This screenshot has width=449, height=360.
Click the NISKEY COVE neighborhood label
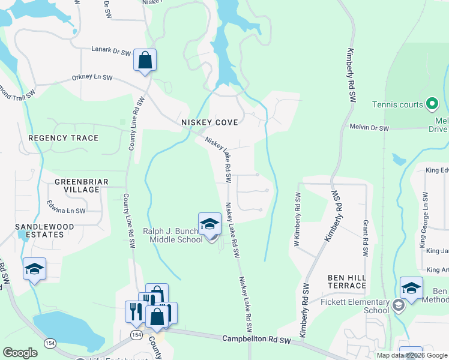pos(209,122)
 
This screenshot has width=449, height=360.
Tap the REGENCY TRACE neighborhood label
pos(63,138)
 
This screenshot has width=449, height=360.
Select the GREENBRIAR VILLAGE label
pos(77,185)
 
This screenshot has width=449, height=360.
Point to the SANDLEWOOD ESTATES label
pos(45,230)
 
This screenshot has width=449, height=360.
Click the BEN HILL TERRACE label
pos(347,282)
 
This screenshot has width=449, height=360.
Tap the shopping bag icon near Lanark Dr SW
pos(145,61)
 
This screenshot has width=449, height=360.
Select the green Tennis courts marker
pos(432,104)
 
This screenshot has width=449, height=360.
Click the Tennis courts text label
pos(397,104)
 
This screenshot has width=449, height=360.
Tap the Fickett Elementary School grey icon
pos(397,306)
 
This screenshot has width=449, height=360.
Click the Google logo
pos(20,353)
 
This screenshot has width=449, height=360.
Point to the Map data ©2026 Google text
pos(411,355)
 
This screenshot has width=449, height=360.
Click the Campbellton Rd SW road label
pos(256,340)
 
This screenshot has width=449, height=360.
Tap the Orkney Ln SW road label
pos(92,77)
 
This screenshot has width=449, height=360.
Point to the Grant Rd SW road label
pos(364,235)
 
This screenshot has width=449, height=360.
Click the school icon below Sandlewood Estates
pos(34,269)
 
